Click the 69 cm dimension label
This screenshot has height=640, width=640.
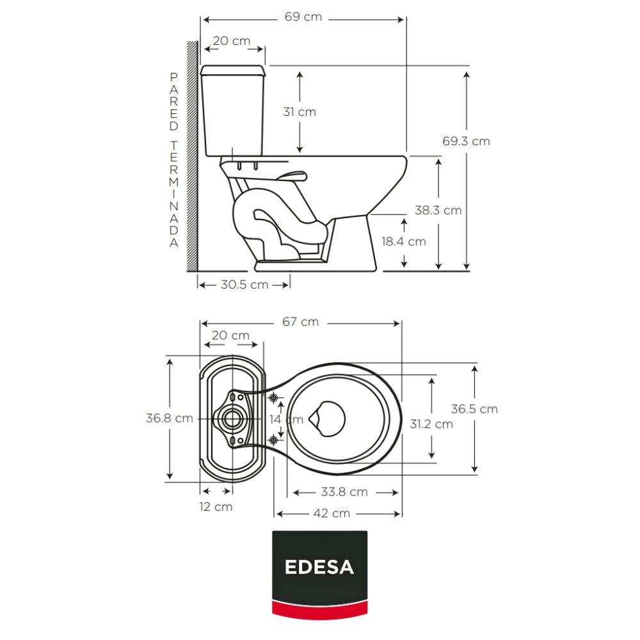[x=303, y=17]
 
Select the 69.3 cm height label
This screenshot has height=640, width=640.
[x=466, y=141]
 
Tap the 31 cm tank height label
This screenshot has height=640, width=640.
[x=300, y=112]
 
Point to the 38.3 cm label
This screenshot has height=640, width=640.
[x=438, y=210]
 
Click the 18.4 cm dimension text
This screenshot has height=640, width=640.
[x=404, y=242]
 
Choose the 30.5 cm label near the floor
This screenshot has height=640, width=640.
[x=244, y=285]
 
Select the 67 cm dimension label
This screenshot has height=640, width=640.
[x=300, y=322]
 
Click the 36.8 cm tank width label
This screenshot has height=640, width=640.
[x=170, y=418]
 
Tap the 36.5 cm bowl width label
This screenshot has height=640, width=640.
[x=474, y=409]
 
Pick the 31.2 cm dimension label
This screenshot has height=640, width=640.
[x=431, y=424]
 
